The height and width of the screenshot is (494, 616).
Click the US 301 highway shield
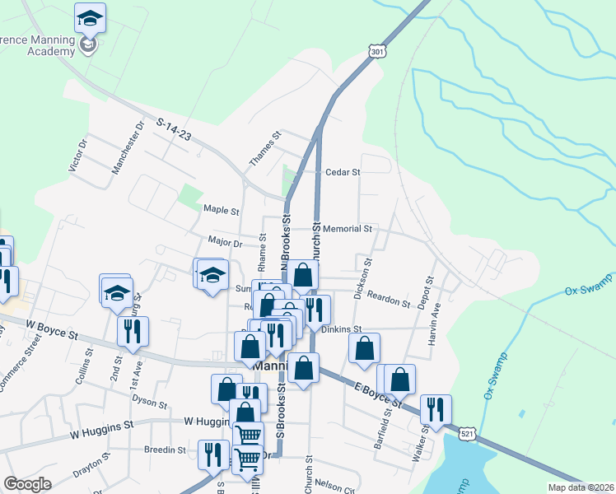[376, 52]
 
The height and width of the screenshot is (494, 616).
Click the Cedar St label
[344, 173]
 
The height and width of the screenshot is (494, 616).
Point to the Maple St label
[221, 210]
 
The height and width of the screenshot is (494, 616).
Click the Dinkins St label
[342, 329]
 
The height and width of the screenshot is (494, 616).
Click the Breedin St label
[166, 450]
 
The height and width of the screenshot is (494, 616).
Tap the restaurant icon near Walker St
[436, 409]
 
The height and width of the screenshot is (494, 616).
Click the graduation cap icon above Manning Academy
[90, 17]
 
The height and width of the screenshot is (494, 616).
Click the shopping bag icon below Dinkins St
[364, 347]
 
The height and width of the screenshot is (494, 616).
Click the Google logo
[27, 484]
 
